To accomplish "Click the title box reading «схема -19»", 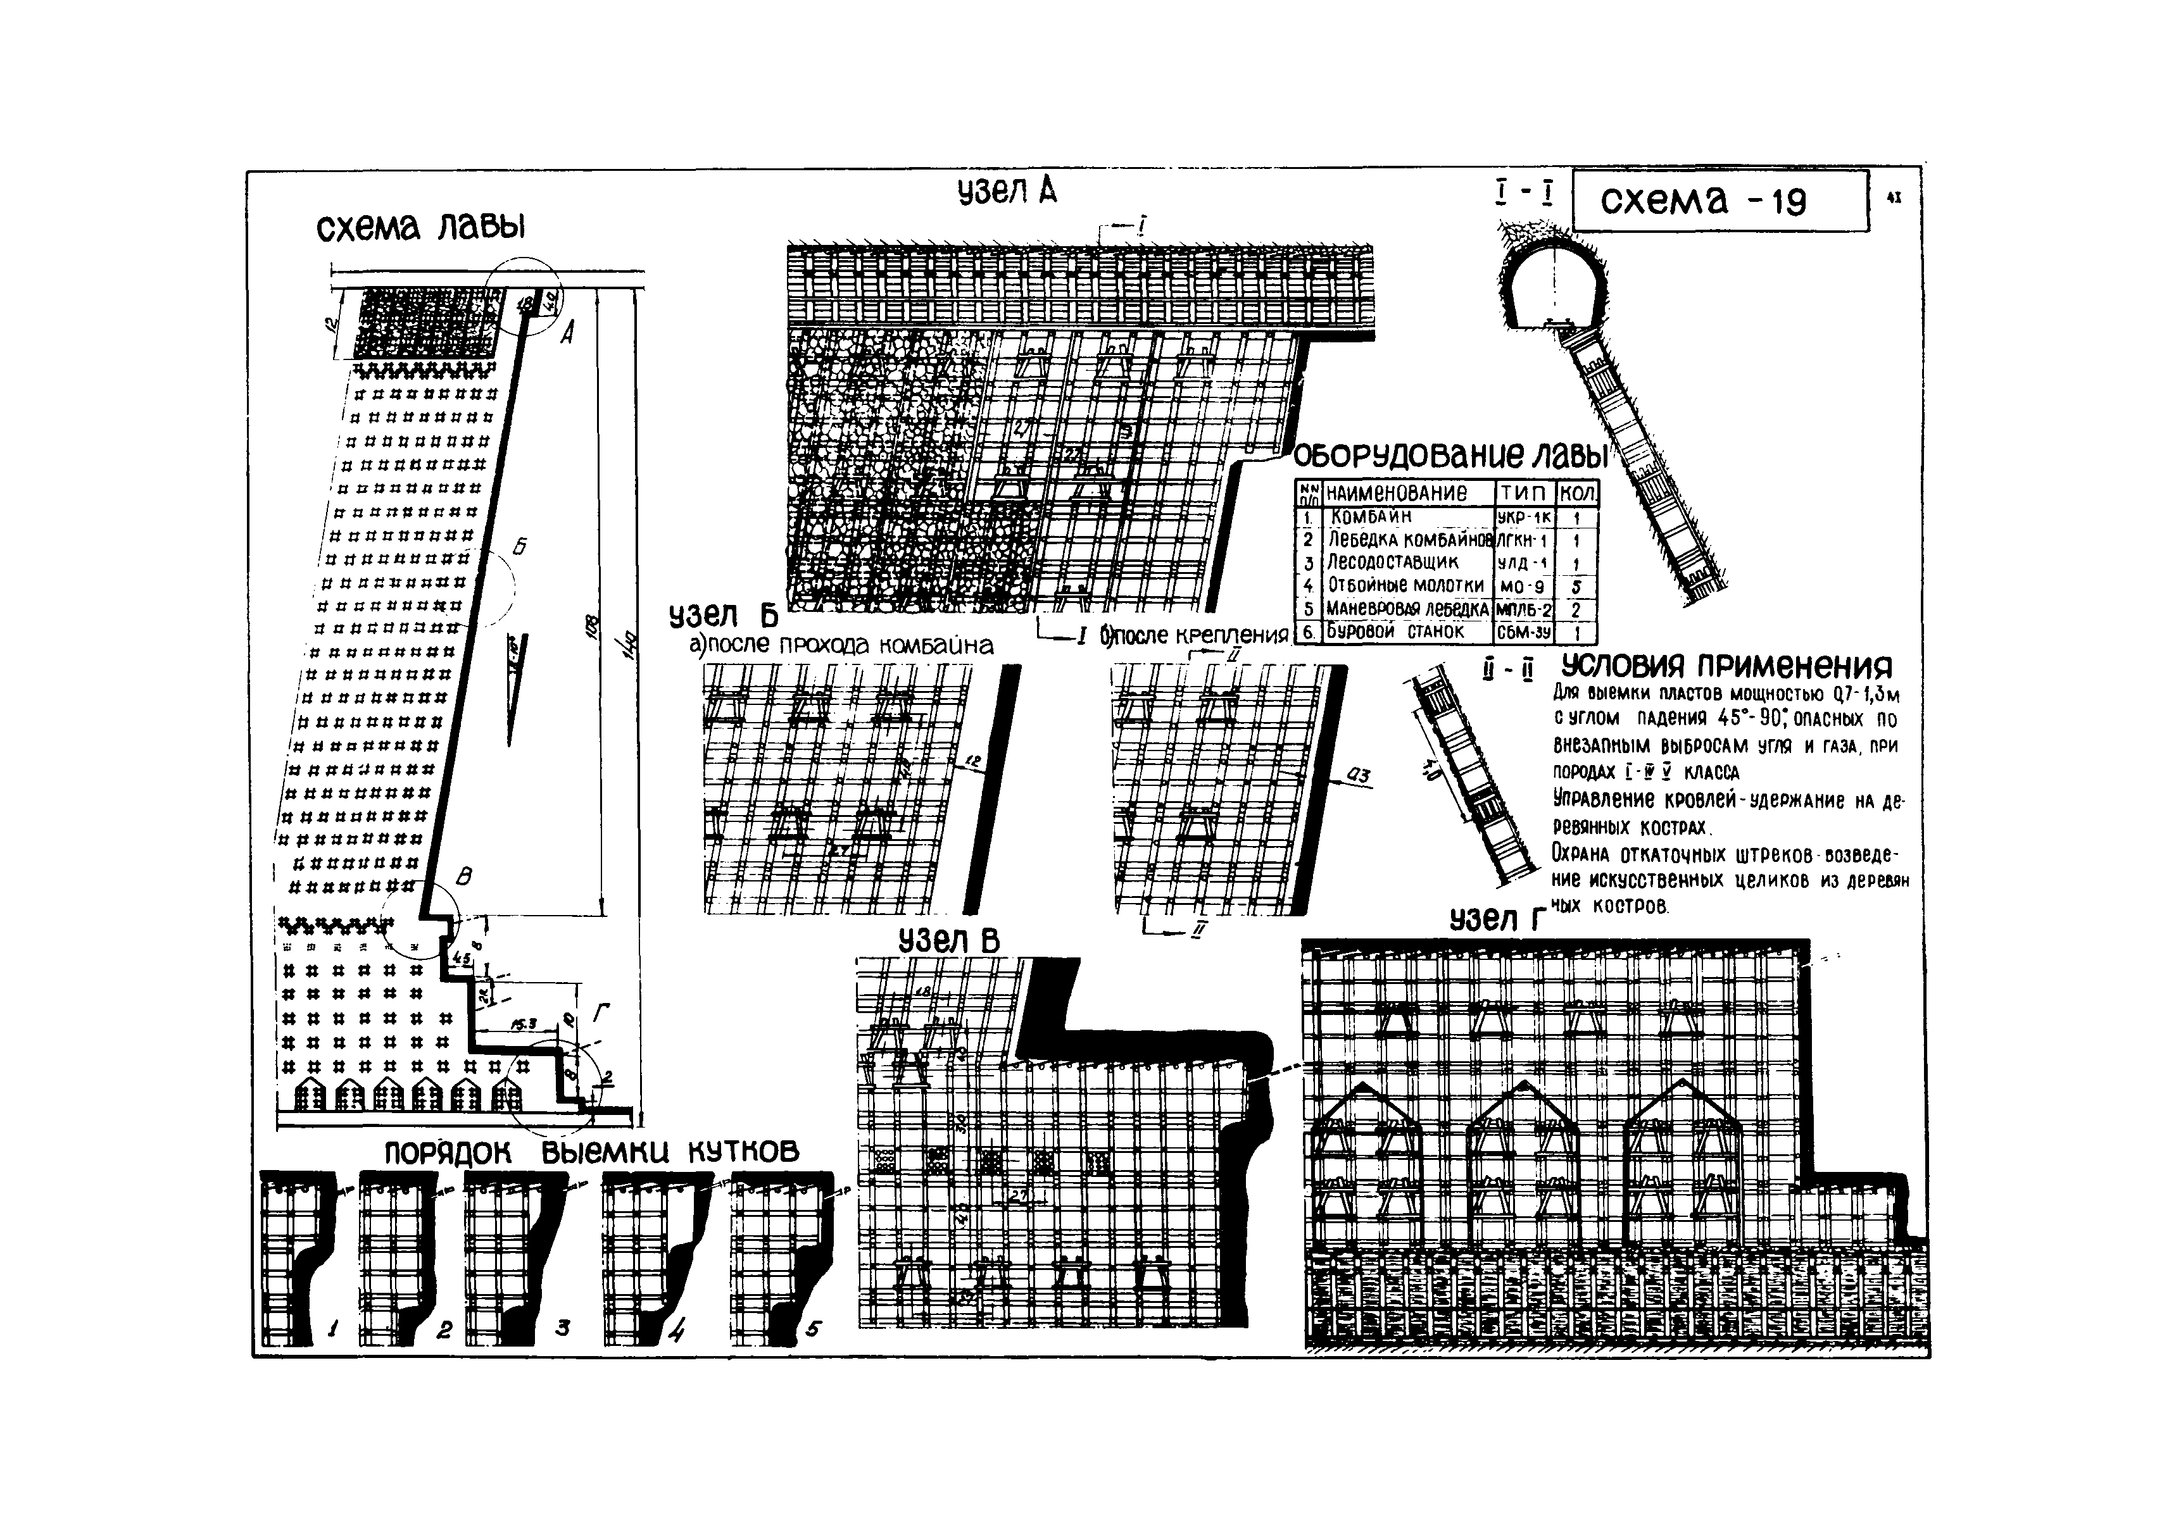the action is [1719, 200].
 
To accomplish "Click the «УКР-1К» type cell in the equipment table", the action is [1525, 518].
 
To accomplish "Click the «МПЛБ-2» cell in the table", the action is [1525, 610].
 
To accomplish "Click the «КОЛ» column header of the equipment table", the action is [1576, 493].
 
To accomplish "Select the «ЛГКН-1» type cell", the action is [1525, 541].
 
